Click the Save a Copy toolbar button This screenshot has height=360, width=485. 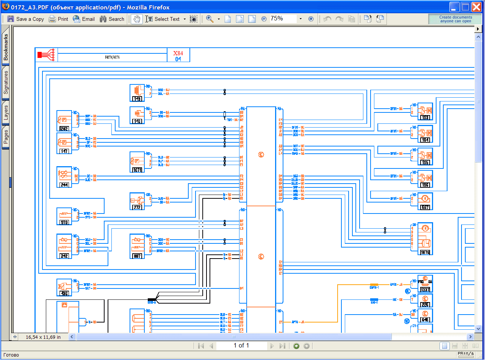[x=25, y=19]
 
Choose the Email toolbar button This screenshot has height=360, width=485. [x=84, y=19]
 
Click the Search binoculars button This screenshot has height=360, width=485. [x=112, y=19]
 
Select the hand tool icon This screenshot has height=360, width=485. [x=136, y=19]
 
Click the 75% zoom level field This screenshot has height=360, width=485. [x=283, y=19]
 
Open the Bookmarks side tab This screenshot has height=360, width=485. [x=6, y=47]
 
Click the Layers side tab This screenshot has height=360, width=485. [x=6, y=113]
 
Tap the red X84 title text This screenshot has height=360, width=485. [x=178, y=53]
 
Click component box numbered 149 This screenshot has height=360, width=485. [x=137, y=93]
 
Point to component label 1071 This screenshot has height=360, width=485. [x=137, y=162]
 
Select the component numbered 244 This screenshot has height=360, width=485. [x=64, y=177]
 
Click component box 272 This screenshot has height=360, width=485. [x=137, y=201]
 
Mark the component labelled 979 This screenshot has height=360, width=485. [x=64, y=217]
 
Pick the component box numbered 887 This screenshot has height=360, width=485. [x=137, y=246]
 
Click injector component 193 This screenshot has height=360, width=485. [x=425, y=111]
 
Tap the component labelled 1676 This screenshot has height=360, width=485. [x=425, y=238]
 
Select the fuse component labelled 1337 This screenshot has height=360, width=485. [x=425, y=284]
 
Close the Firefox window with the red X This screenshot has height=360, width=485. [x=476, y=7]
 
